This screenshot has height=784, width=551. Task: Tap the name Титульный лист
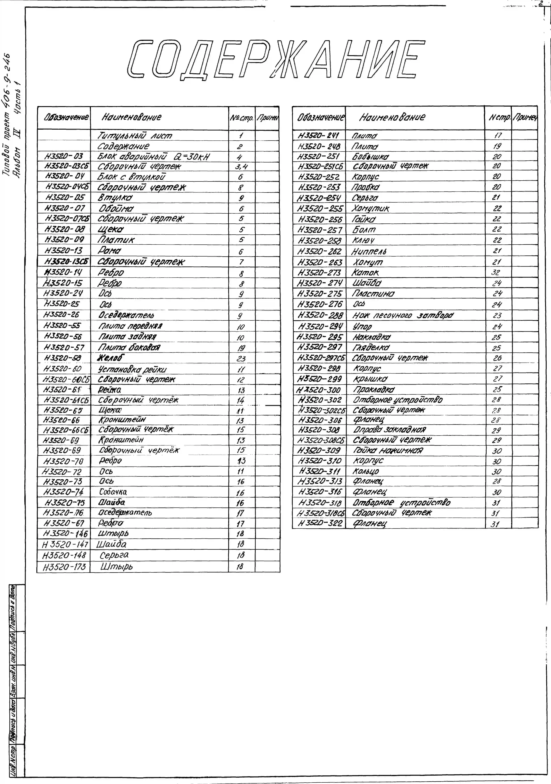pyautogui.click(x=135, y=136)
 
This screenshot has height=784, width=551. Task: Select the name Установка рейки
pyautogui.click(x=132, y=369)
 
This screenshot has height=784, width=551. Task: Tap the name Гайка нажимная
pyautogui.click(x=388, y=450)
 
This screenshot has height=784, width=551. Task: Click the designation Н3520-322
pyautogui.click(x=320, y=523)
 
